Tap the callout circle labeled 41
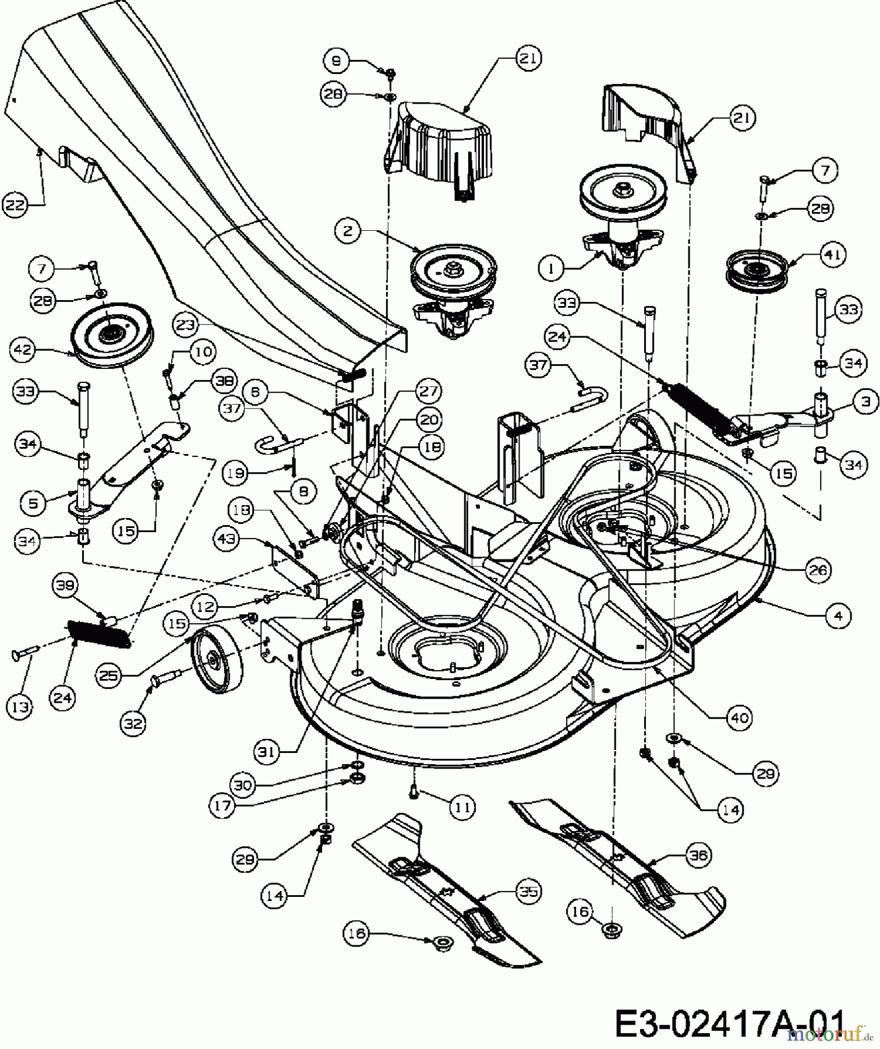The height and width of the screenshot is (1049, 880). coord(832,255)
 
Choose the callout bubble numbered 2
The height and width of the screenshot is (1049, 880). coord(348,231)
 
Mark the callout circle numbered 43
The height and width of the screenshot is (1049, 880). coord(227,540)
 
